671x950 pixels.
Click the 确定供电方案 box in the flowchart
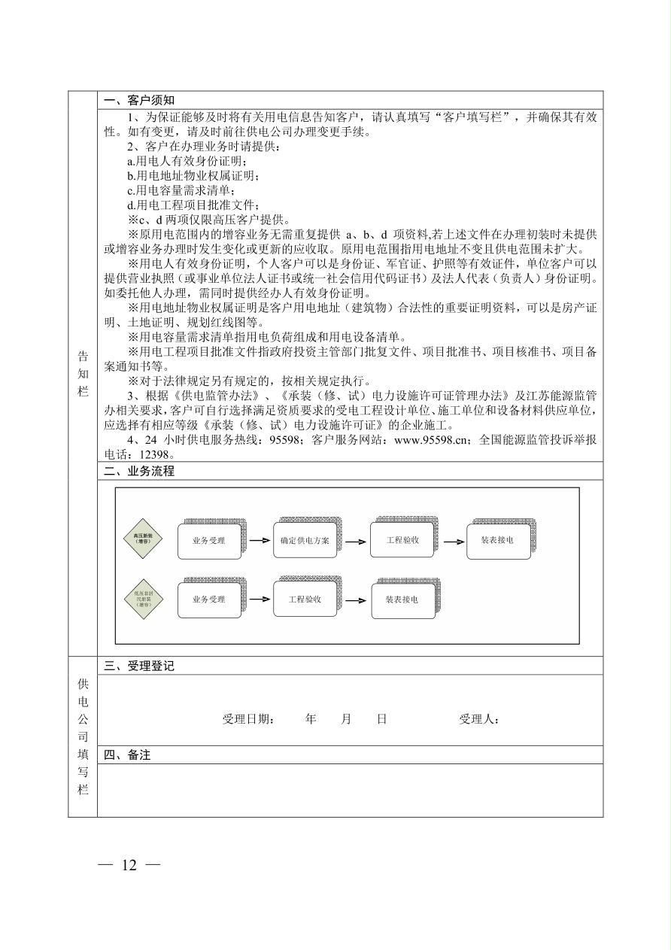305,541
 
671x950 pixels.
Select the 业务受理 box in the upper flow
209,541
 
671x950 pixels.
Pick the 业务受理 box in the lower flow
209,600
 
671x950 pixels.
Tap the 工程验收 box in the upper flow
402,540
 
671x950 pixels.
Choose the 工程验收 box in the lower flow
305,599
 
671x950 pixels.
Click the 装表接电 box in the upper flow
497,541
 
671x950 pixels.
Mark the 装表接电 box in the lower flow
402,600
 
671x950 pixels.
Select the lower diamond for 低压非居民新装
142,599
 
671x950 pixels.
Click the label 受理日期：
249,719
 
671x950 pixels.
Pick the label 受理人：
479,719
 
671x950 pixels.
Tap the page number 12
129,865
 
